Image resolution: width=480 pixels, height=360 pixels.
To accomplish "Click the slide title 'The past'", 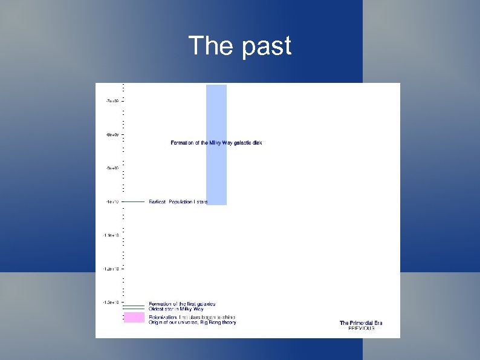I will [240, 46].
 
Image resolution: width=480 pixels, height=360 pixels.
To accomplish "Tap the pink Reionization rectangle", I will [134, 317].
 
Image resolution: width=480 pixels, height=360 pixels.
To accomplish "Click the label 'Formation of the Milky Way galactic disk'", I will [216, 143].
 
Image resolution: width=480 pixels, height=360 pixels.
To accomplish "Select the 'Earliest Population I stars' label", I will [178, 201].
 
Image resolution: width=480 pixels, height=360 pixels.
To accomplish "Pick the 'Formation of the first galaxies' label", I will [182, 304].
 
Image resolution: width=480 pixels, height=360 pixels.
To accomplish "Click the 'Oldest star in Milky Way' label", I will [177, 309].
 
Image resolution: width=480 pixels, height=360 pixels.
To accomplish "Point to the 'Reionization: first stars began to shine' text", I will [192, 317].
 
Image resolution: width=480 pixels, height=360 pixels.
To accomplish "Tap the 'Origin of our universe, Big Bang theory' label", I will [192, 322].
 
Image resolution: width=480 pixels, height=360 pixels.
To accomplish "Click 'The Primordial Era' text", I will [361, 323].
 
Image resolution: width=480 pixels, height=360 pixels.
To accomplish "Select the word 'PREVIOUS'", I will [361, 329].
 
